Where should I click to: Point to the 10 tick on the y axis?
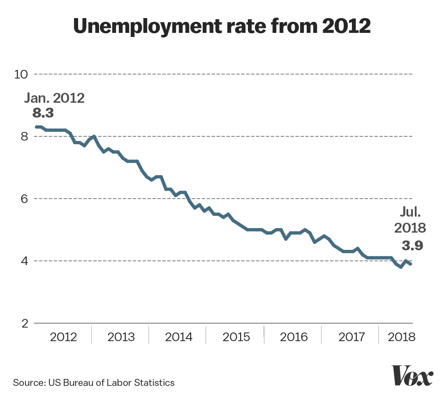pyautogui.click(x=20, y=74)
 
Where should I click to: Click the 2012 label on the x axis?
pyautogui.click(x=63, y=337)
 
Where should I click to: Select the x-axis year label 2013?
pyautogui.click(x=121, y=337)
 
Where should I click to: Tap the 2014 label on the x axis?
pyautogui.click(x=178, y=337)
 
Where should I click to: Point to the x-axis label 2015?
pyautogui.click(x=236, y=337)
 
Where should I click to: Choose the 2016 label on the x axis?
pyautogui.click(x=294, y=337)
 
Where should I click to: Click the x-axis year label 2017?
pyautogui.click(x=351, y=337)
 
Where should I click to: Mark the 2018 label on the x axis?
pyautogui.click(x=402, y=337)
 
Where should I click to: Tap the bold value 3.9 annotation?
pyautogui.click(x=412, y=245)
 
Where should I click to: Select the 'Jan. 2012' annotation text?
pyautogui.click(x=54, y=99)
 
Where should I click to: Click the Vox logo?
pyautogui.click(x=412, y=375)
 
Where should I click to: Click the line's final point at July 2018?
pyautogui.click(x=410, y=264)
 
